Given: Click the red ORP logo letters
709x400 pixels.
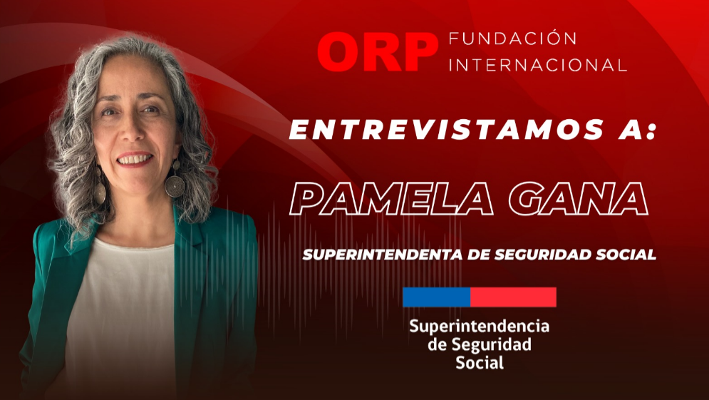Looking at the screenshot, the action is pyautogui.click(x=378, y=51).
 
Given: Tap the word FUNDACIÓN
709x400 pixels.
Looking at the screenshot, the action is pyautogui.click(x=513, y=39).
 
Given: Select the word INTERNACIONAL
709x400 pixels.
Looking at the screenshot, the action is pyautogui.click(x=537, y=65).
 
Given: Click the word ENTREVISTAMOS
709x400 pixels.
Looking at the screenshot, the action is pyautogui.click(x=446, y=130).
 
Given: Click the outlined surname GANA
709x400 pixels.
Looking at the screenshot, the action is pyautogui.click(x=579, y=199).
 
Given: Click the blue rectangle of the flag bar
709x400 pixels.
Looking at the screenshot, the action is pyautogui.click(x=436, y=297).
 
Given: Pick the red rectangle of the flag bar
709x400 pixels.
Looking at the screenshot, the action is pyautogui.click(x=513, y=297).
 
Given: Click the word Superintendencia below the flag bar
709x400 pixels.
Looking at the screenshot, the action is pyautogui.click(x=480, y=327).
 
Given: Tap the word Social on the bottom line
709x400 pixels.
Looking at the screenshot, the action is pyautogui.click(x=480, y=362).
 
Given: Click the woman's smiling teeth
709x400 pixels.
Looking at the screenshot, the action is pyautogui.click(x=135, y=159).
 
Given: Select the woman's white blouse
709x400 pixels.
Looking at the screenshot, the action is pyautogui.click(x=120, y=317).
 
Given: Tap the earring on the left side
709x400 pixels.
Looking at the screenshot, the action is pyautogui.click(x=99, y=187).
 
